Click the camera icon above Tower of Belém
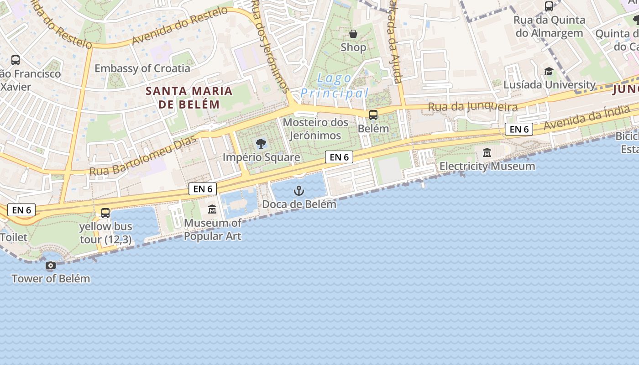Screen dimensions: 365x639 click(x=51, y=265)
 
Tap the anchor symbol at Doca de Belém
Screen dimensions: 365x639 click(x=299, y=190)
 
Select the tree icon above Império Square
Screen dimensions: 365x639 click(x=261, y=144)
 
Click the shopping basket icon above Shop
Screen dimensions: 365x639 click(x=353, y=34)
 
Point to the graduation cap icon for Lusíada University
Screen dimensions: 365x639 click(x=549, y=72)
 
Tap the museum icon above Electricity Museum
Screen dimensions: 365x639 click(x=487, y=152)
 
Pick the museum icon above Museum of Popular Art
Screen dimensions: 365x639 click(x=212, y=209)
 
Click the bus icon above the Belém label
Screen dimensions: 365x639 click(x=373, y=115)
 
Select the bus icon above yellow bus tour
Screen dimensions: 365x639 click(x=105, y=213)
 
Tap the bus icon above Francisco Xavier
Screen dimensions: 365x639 click(x=16, y=60)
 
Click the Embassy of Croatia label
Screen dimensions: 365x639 click(x=142, y=68)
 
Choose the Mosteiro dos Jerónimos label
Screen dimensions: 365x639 click(x=315, y=129)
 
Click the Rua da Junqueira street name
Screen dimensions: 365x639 click(x=472, y=107)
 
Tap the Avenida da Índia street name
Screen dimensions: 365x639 click(x=589, y=117)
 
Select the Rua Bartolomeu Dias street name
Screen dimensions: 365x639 click(x=143, y=156)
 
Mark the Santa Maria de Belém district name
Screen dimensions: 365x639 click(x=189, y=97)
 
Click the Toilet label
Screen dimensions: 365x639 click(x=14, y=237)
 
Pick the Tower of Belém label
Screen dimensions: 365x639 click(x=51, y=278)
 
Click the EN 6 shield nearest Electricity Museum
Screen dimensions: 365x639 click(x=519, y=129)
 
